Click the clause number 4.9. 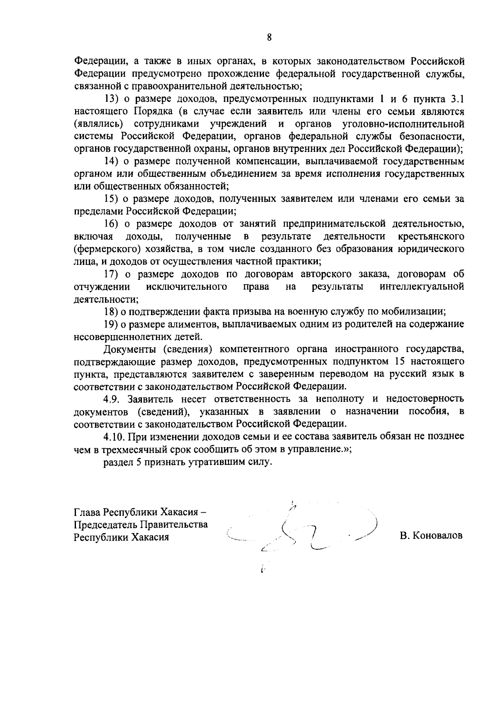113,399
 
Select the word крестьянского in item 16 430,236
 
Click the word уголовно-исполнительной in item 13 403,124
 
